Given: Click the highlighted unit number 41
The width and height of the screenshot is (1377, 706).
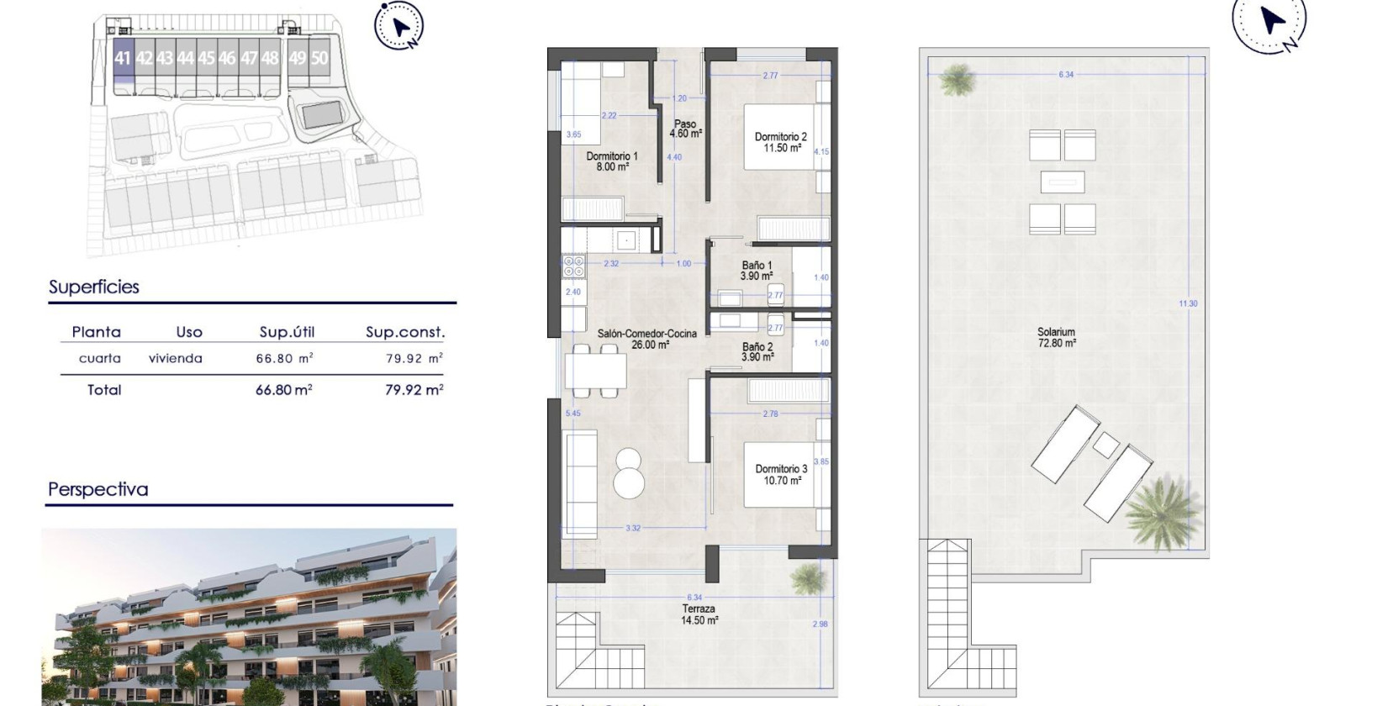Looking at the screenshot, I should (x=123, y=58).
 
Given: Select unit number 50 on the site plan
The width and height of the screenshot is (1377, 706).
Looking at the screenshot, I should (x=319, y=58).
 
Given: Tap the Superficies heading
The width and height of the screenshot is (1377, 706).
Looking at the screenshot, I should (x=94, y=287).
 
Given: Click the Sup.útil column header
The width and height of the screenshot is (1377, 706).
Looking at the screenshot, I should (x=287, y=332).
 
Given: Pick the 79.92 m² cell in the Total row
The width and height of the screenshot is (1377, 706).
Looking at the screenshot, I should (x=414, y=390).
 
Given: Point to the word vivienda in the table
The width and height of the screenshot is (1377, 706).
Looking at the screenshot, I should (x=176, y=359).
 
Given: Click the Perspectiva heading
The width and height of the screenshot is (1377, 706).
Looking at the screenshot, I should (x=98, y=489).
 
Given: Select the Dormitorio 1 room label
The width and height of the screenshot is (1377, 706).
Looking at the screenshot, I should (x=612, y=161).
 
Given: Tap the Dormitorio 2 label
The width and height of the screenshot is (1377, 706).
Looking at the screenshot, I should (x=781, y=142).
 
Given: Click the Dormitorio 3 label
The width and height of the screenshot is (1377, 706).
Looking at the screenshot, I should (x=781, y=475).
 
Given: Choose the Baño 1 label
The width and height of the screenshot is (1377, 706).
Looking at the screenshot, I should (x=757, y=270).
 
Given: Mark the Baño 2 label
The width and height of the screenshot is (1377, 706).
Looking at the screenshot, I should (x=757, y=351).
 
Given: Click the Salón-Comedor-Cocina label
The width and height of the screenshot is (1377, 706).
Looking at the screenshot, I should (x=646, y=339).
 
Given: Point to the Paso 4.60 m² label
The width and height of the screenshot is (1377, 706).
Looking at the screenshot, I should (x=685, y=129).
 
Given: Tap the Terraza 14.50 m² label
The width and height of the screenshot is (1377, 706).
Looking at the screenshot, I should (x=699, y=614).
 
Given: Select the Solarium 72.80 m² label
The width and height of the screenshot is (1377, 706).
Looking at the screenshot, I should (x=1056, y=337).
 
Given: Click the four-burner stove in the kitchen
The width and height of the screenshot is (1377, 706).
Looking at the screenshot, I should (x=573, y=266).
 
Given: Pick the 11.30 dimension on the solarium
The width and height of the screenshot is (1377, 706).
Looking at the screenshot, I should (x=1188, y=303).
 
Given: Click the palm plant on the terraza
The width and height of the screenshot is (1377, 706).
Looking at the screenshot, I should (x=808, y=578).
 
